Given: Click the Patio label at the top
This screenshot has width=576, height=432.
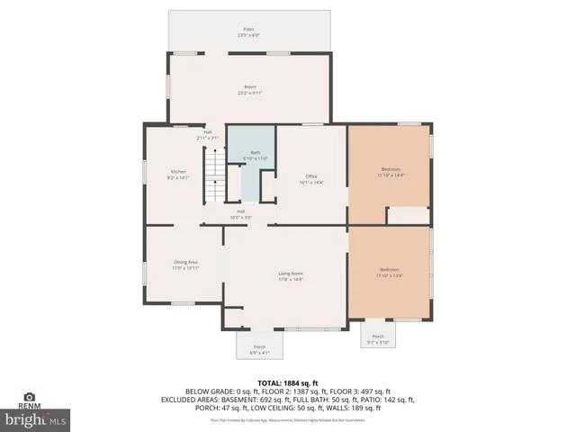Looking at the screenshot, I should tap(249, 32).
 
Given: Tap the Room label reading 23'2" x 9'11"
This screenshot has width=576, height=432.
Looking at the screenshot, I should tap(249, 89).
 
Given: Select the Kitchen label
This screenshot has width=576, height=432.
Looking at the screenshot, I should tap(178, 175).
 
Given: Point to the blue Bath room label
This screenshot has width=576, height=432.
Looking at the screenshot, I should tap(256, 156).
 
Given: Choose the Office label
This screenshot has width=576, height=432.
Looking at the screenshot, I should tap(310, 178).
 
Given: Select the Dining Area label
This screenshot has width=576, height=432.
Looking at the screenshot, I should tap(185, 265).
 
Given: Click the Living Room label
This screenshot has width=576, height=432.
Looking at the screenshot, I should tap(290, 275).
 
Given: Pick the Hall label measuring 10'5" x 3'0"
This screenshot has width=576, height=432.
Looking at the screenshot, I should tap(240, 214).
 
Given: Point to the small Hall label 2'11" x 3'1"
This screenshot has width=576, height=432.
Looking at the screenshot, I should tap(207, 135).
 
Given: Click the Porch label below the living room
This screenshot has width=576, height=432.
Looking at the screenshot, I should tap(259, 348).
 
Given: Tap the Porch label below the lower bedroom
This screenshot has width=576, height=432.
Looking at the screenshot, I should tap(378, 339).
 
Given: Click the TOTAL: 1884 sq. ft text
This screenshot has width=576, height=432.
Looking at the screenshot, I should tap(288, 382).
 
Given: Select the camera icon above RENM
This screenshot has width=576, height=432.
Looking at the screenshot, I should tap(29, 397).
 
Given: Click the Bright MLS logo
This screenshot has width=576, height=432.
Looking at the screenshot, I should tap(36, 419).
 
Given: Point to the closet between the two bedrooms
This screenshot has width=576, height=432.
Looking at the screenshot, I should tap(408, 216).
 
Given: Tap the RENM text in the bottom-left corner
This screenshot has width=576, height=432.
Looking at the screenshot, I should tap(29, 407).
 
